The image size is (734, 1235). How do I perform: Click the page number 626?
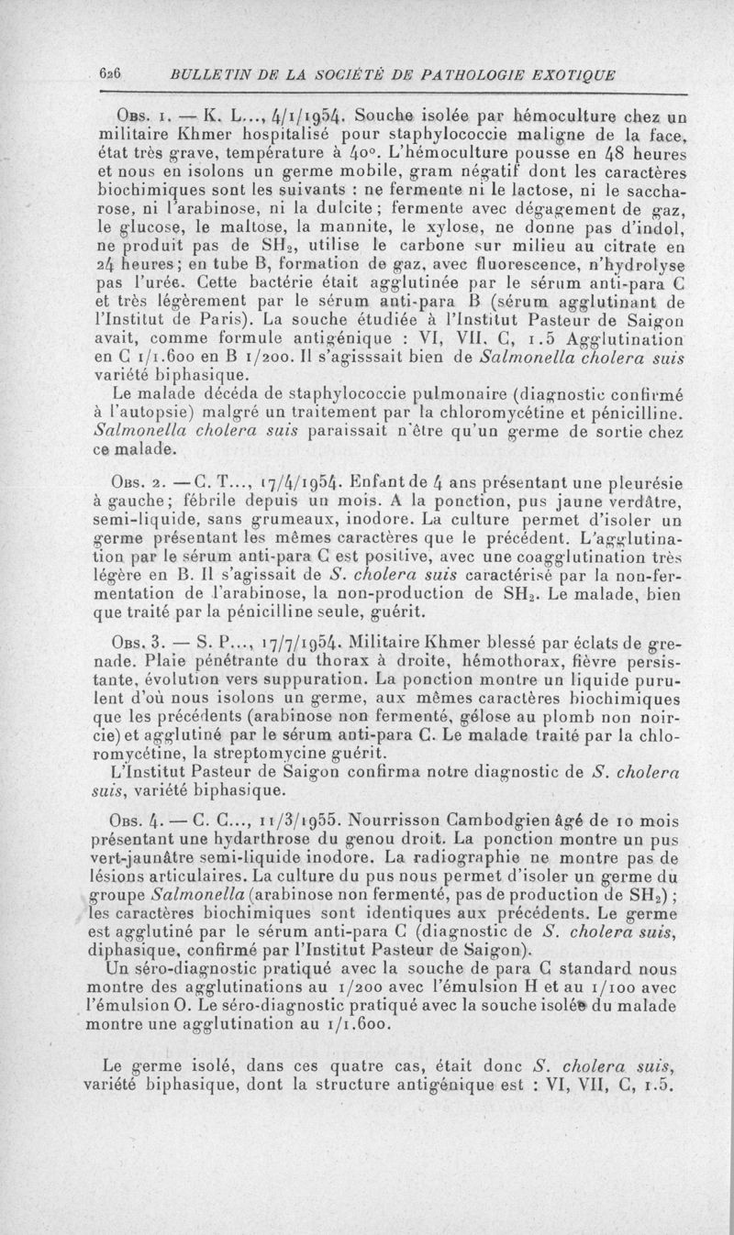point(111,73)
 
